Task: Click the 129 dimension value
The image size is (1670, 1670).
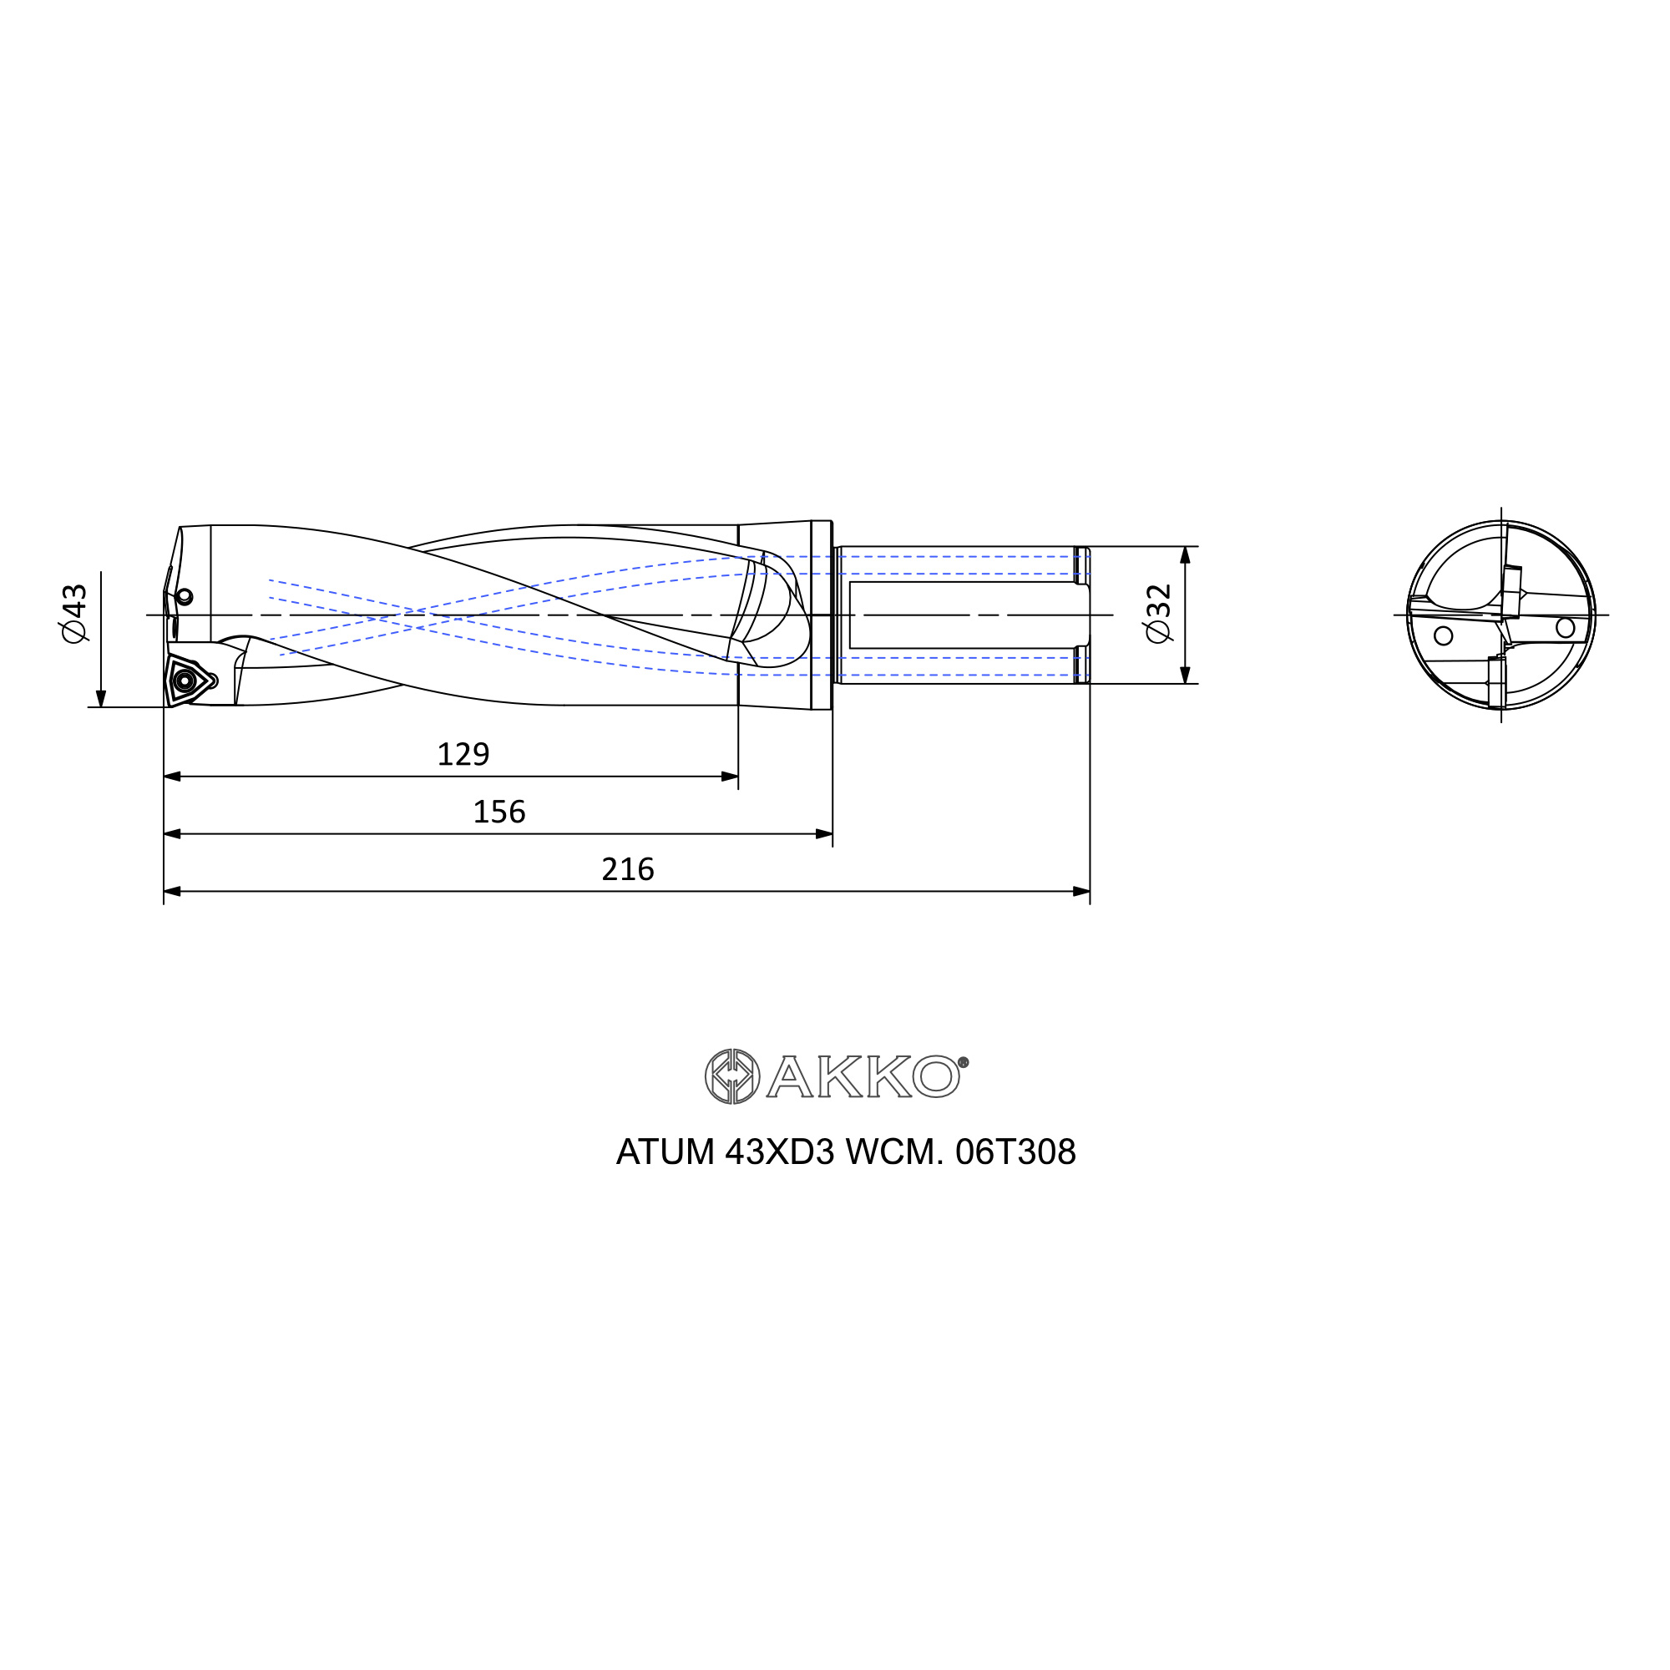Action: tap(463, 755)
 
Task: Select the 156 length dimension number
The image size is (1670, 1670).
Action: tap(498, 812)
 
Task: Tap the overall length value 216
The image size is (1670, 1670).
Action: tap(628, 868)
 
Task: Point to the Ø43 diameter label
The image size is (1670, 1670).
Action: tap(75, 613)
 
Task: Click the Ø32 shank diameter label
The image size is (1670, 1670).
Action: tap(1158, 613)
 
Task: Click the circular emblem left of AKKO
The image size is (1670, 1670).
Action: tap(732, 1076)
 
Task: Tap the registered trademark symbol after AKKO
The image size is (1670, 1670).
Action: tap(964, 1062)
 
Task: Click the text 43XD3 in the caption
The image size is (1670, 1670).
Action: tap(779, 1152)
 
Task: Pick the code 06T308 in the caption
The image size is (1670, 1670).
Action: tap(1015, 1152)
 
